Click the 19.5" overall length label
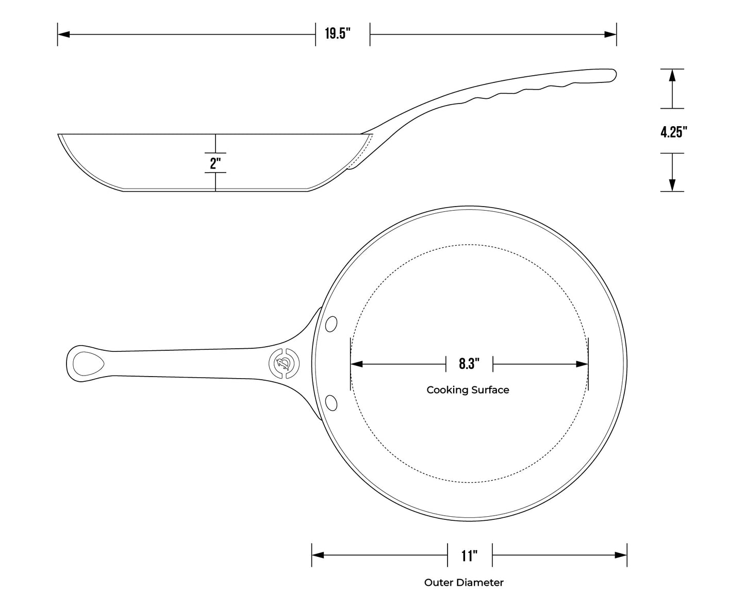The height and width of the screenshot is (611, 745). click(x=338, y=35)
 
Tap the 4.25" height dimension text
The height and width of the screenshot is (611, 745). click(x=674, y=132)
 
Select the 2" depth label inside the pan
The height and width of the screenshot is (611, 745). click(x=216, y=163)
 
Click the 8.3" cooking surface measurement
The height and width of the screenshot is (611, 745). click(x=469, y=364)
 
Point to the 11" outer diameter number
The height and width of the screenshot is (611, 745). click(x=469, y=556)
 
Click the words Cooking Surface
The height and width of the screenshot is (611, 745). click(x=468, y=390)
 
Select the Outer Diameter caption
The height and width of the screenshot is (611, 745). click(x=463, y=583)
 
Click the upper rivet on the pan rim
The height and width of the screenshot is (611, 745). click(x=332, y=324)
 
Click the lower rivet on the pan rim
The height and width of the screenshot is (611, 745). click(x=332, y=402)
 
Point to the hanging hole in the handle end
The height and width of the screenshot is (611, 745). click(x=88, y=364)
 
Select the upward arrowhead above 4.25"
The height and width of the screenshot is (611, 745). click(x=672, y=75)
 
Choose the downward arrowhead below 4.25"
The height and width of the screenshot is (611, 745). click(x=672, y=185)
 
